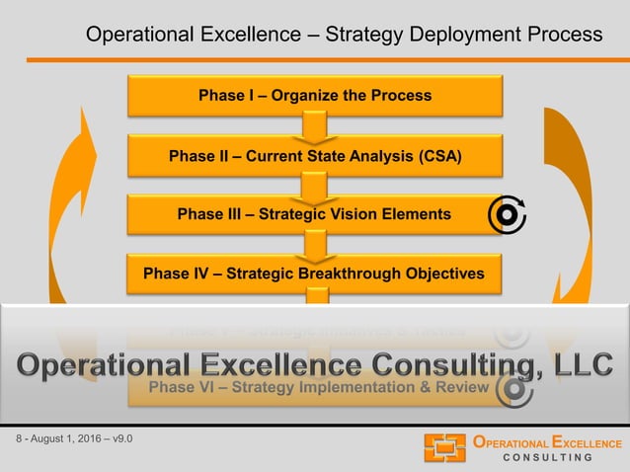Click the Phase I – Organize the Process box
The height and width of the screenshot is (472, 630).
[x=314, y=96]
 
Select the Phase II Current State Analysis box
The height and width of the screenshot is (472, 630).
[x=314, y=155]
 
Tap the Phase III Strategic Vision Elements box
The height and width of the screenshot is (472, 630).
[x=314, y=214]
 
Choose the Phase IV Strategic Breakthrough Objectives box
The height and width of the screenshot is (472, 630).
[x=314, y=274]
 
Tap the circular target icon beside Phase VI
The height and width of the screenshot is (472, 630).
[x=512, y=389]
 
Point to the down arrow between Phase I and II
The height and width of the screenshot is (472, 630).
[x=314, y=126]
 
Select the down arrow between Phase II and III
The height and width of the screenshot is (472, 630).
[x=314, y=186]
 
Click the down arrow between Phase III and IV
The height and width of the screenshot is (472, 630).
[x=314, y=245]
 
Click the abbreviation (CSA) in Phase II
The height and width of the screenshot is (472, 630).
[x=438, y=155]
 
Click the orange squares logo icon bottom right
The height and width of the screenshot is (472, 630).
[x=444, y=447]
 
